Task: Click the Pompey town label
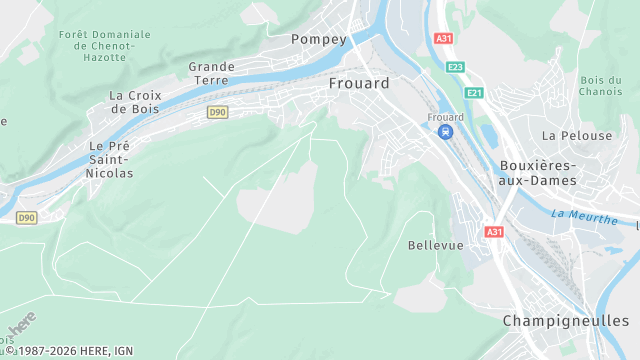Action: point(318,39)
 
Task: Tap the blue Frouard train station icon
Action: point(446,132)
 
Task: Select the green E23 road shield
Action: point(456,67)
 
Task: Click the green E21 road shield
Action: point(474,93)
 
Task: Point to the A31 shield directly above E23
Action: point(444,39)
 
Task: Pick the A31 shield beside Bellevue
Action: point(494,232)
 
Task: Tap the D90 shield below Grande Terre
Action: point(218,113)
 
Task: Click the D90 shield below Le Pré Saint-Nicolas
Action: point(27,217)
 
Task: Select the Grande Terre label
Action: point(212,74)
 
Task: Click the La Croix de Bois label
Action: point(135,102)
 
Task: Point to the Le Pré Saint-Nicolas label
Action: point(110,159)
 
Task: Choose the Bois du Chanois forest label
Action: point(600,86)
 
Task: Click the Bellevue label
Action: point(436,245)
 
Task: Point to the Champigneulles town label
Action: point(566,321)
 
